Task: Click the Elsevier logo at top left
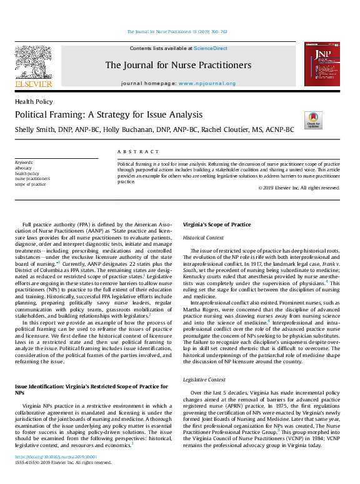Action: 33,66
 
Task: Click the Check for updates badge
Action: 312,120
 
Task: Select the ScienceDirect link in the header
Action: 211,48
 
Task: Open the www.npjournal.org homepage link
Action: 207,83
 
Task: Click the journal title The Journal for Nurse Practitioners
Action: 178,65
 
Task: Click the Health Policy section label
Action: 34,101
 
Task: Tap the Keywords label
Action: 24,163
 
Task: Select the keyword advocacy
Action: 24,168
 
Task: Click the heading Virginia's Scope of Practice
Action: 217,224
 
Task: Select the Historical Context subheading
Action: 203,238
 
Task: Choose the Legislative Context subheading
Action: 204,380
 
